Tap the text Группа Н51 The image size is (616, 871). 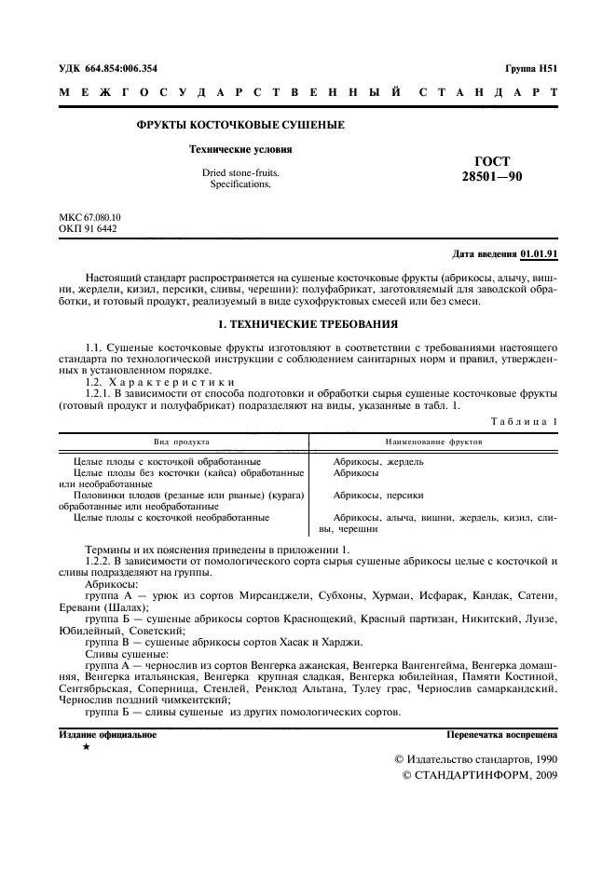click(531, 69)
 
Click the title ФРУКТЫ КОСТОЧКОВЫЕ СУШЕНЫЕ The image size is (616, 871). click(240, 125)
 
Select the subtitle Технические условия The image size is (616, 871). click(240, 149)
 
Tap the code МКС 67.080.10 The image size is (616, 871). click(89, 217)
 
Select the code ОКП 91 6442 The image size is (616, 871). click(88, 228)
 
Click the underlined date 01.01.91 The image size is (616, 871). click(539, 253)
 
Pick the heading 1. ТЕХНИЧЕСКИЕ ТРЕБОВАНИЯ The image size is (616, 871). click(308, 324)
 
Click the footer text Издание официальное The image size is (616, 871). click(108, 735)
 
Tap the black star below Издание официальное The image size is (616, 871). click(87, 748)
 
